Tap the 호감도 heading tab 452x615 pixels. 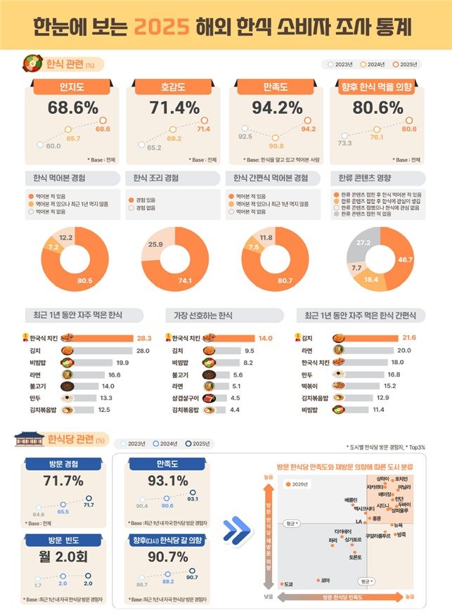click(x=174, y=88)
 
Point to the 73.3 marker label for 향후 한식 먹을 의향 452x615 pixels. click(x=344, y=143)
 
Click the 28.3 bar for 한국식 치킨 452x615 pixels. click(x=105, y=338)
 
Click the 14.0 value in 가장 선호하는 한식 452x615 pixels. click(x=265, y=338)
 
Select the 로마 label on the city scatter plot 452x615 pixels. click(x=325, y=580)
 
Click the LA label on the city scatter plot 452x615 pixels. click(x=359, y=522)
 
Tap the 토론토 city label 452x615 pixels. click(x=355, y=557)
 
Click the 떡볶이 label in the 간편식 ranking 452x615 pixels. click(x=311, y=384)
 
